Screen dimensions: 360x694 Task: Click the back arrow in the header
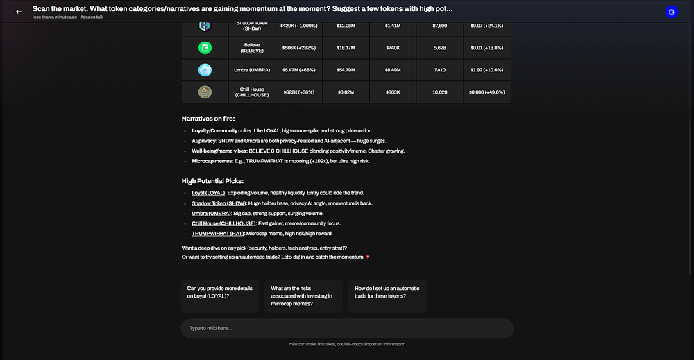[x=19, y=12]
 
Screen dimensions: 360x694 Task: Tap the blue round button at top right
[x=671, y=12]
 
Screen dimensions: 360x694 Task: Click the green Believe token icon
[x=205, y=48]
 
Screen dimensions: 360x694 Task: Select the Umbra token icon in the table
[x=205, y=70]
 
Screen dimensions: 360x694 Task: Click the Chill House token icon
[x=205, y=92]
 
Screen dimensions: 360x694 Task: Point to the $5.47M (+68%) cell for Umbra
[x=298, y=70]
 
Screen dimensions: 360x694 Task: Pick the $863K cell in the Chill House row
[x=393, y=92]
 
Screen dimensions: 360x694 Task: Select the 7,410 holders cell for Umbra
[x=439, y=70]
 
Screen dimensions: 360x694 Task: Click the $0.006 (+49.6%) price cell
[x=486, y=92]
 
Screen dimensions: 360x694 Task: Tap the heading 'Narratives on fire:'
[x=208, y=119]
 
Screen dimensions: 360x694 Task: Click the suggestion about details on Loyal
[x=220, y=292]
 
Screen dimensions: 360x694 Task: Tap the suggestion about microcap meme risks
[x=303, y=296]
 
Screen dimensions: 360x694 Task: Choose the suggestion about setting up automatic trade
[x=387, y=292]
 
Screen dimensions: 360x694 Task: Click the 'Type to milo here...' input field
[x=347, y=328]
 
